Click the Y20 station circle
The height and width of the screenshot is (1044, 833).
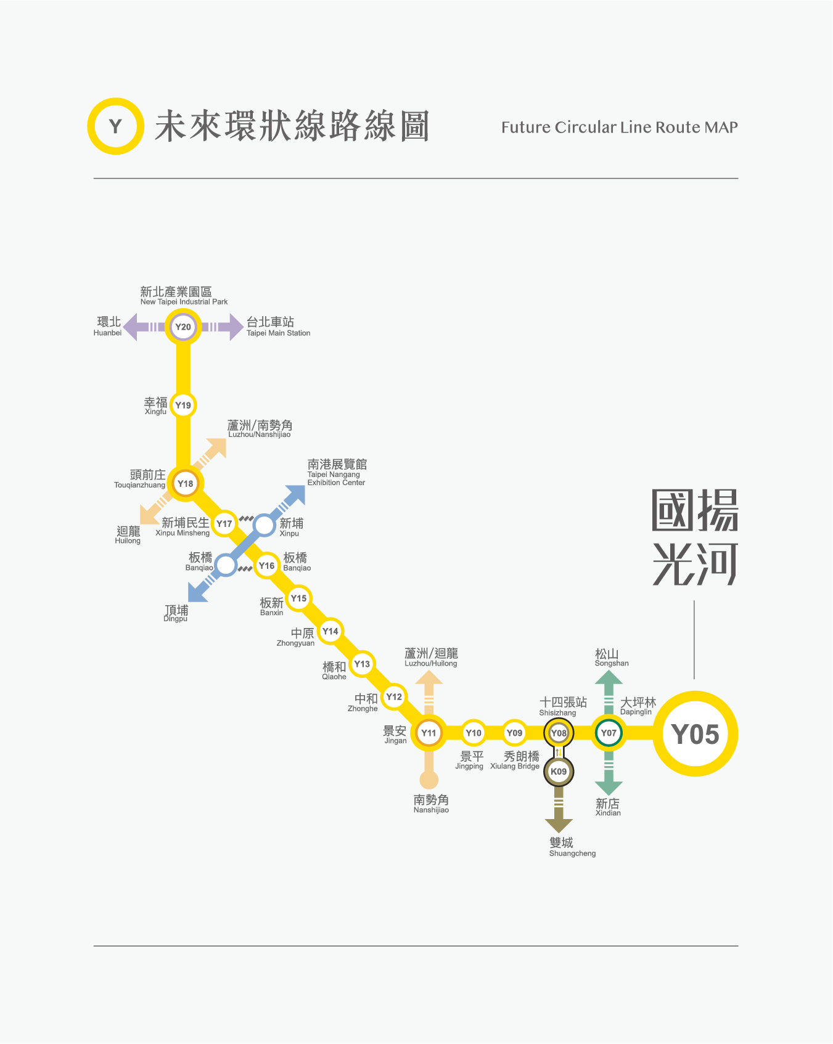point(183,327)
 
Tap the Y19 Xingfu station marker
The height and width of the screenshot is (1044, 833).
point(183,405)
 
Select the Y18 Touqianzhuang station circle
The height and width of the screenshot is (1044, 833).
point(185,483)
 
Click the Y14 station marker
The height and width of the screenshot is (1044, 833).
point(330,631)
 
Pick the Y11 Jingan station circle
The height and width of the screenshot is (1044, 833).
point(429,733)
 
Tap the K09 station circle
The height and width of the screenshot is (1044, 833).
point(559,772)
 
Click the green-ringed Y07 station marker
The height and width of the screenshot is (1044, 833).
point(609,733)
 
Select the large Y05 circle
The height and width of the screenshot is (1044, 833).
point(695,734)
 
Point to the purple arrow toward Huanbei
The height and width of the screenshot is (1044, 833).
point(133,327)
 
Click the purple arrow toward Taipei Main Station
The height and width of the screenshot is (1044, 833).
point(233,327)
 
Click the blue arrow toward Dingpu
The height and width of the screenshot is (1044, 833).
point(198,592)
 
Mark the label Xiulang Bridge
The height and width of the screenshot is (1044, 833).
point(515,766)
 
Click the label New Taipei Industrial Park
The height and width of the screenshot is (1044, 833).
point(184,302)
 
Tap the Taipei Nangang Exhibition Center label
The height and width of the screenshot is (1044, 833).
point(336,478)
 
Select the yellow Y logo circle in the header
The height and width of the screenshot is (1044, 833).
point(115,126)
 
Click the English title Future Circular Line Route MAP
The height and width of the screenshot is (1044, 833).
point(619,128)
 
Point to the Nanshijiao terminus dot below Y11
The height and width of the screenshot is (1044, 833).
point(429,780)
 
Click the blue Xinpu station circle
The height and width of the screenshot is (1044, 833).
point(265,525)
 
